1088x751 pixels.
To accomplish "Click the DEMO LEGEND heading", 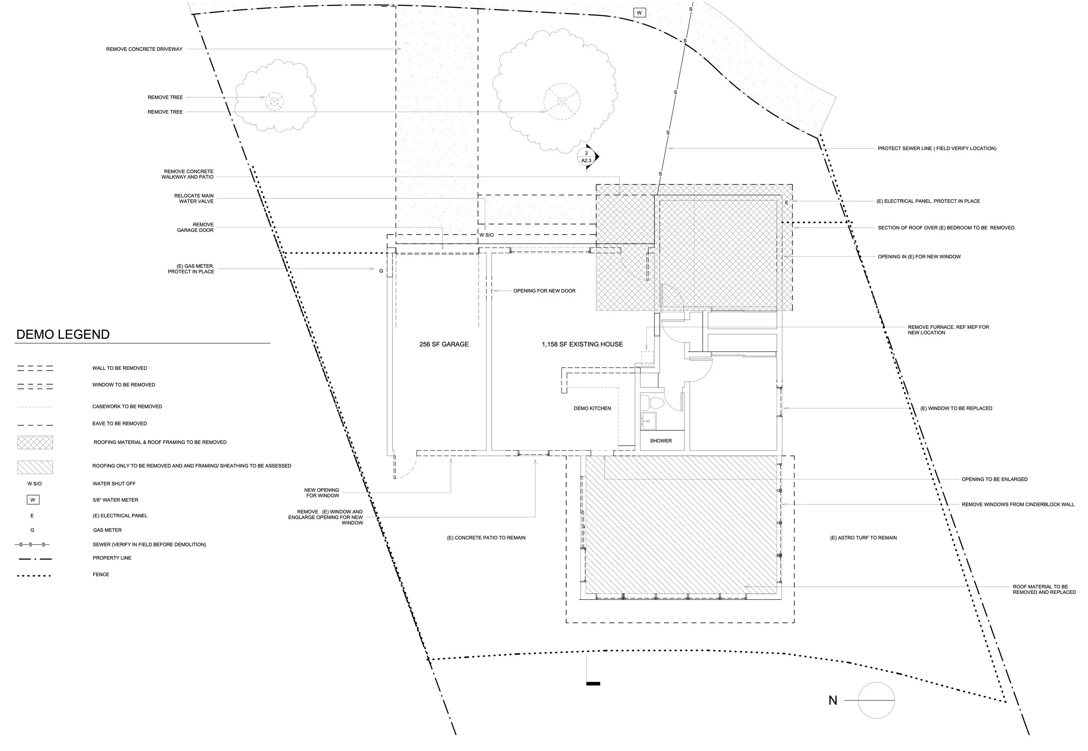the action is [63, 335].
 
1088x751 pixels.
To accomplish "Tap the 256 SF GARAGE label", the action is [444, 345].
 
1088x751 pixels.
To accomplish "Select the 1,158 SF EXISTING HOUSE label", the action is [582, 345].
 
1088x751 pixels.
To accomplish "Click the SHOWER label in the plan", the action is [661, 441].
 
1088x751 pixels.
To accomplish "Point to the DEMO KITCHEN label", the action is [592, 409].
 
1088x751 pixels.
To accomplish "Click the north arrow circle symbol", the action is [876, 700].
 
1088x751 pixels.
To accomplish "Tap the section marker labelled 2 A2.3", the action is [586, 157].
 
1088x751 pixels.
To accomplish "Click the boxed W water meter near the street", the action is [639, 13].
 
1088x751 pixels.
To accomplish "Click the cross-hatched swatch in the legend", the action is [35, 443].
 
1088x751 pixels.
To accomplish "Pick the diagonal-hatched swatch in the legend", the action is [35, 467].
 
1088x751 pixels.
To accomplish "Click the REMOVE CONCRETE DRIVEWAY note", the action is [144, 49].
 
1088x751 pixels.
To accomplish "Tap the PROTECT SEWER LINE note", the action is [937, 148].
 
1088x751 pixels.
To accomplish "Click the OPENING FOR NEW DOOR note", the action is [544, 291].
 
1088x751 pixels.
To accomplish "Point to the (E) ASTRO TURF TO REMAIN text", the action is [863, 538].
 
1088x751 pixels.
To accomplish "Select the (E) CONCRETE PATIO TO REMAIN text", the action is [486, 538].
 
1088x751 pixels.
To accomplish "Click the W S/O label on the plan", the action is [486, 235].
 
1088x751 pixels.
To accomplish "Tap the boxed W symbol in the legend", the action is [33, 500].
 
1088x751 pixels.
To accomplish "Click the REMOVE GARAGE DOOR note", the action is [195, 227].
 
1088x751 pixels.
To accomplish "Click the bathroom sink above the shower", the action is [648, 420].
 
